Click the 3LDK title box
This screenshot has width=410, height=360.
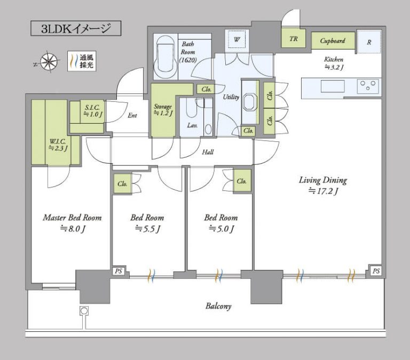pyautogui.click(x=75, y=28)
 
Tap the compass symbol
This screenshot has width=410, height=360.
pyautogui.click(x=49, y=62)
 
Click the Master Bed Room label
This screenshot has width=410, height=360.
pyautogui.click(x=72, y=218)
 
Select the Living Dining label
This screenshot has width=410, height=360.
pyautogui.click(x=322, y=180)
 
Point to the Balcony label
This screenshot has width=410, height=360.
pyautogui.click(x=218, y=307)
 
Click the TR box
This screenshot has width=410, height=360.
pyautogui.click(x=293, y=39)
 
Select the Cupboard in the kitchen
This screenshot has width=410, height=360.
pyautogui.click(x=333, y=41)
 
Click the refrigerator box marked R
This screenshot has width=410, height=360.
pyautogui.click(x=369, y=42)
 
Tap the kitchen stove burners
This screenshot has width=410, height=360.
pyautogui.click(x=368, y=85)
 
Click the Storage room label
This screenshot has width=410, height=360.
pyautogui.click(x=163, y=109)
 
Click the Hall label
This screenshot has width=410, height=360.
pyautogui.click(x=208, y=152)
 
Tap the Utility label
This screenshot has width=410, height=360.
pyautogui.click(x=231, y=97)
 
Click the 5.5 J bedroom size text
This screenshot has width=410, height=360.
pyautogui.click(x=147, y=229)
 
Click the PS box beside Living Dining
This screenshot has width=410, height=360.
pyautogui.click(x=376, y=271)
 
